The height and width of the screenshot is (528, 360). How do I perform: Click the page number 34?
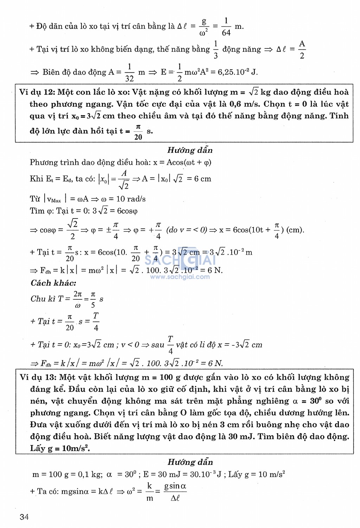[x=24, y=516]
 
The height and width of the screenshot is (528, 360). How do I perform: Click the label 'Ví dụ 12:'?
[x=37, y=92]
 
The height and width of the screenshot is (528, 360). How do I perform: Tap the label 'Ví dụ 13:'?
[x=38, y=377]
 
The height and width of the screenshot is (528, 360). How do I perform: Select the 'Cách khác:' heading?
[x=53, y=283]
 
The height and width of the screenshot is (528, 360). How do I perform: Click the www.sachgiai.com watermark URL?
[x=180, y=277]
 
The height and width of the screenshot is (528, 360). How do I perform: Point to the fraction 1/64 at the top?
[x=226, y=27]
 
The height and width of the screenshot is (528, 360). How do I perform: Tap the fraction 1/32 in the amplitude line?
[x=129, y=72]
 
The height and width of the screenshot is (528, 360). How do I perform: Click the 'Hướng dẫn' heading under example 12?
[x=190, y=150]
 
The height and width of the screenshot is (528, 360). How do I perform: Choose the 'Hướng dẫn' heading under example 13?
[x=190, y=462]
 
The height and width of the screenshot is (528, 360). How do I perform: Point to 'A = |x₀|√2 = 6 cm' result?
[x=176, y=179]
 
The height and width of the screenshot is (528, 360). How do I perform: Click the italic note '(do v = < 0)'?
[x=186, y=230]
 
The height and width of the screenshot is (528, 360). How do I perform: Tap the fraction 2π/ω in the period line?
[x=78, y=299]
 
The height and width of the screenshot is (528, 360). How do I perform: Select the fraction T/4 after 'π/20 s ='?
[x=96, y=321]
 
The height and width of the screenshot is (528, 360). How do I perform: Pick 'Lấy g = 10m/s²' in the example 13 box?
[x=60, y=449]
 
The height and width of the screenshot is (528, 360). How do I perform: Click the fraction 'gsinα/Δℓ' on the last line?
[x=175, y=491]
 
